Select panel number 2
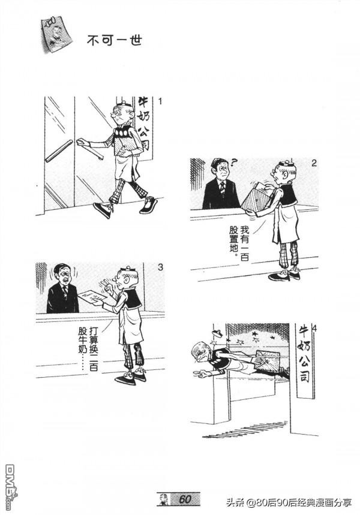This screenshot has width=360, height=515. click(314, 162)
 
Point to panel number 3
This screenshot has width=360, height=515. click(160, 267)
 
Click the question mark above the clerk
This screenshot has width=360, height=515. click(234, 161)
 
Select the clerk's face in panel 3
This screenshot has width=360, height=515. click(62, 276)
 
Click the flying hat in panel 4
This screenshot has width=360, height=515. click(218, 330)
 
